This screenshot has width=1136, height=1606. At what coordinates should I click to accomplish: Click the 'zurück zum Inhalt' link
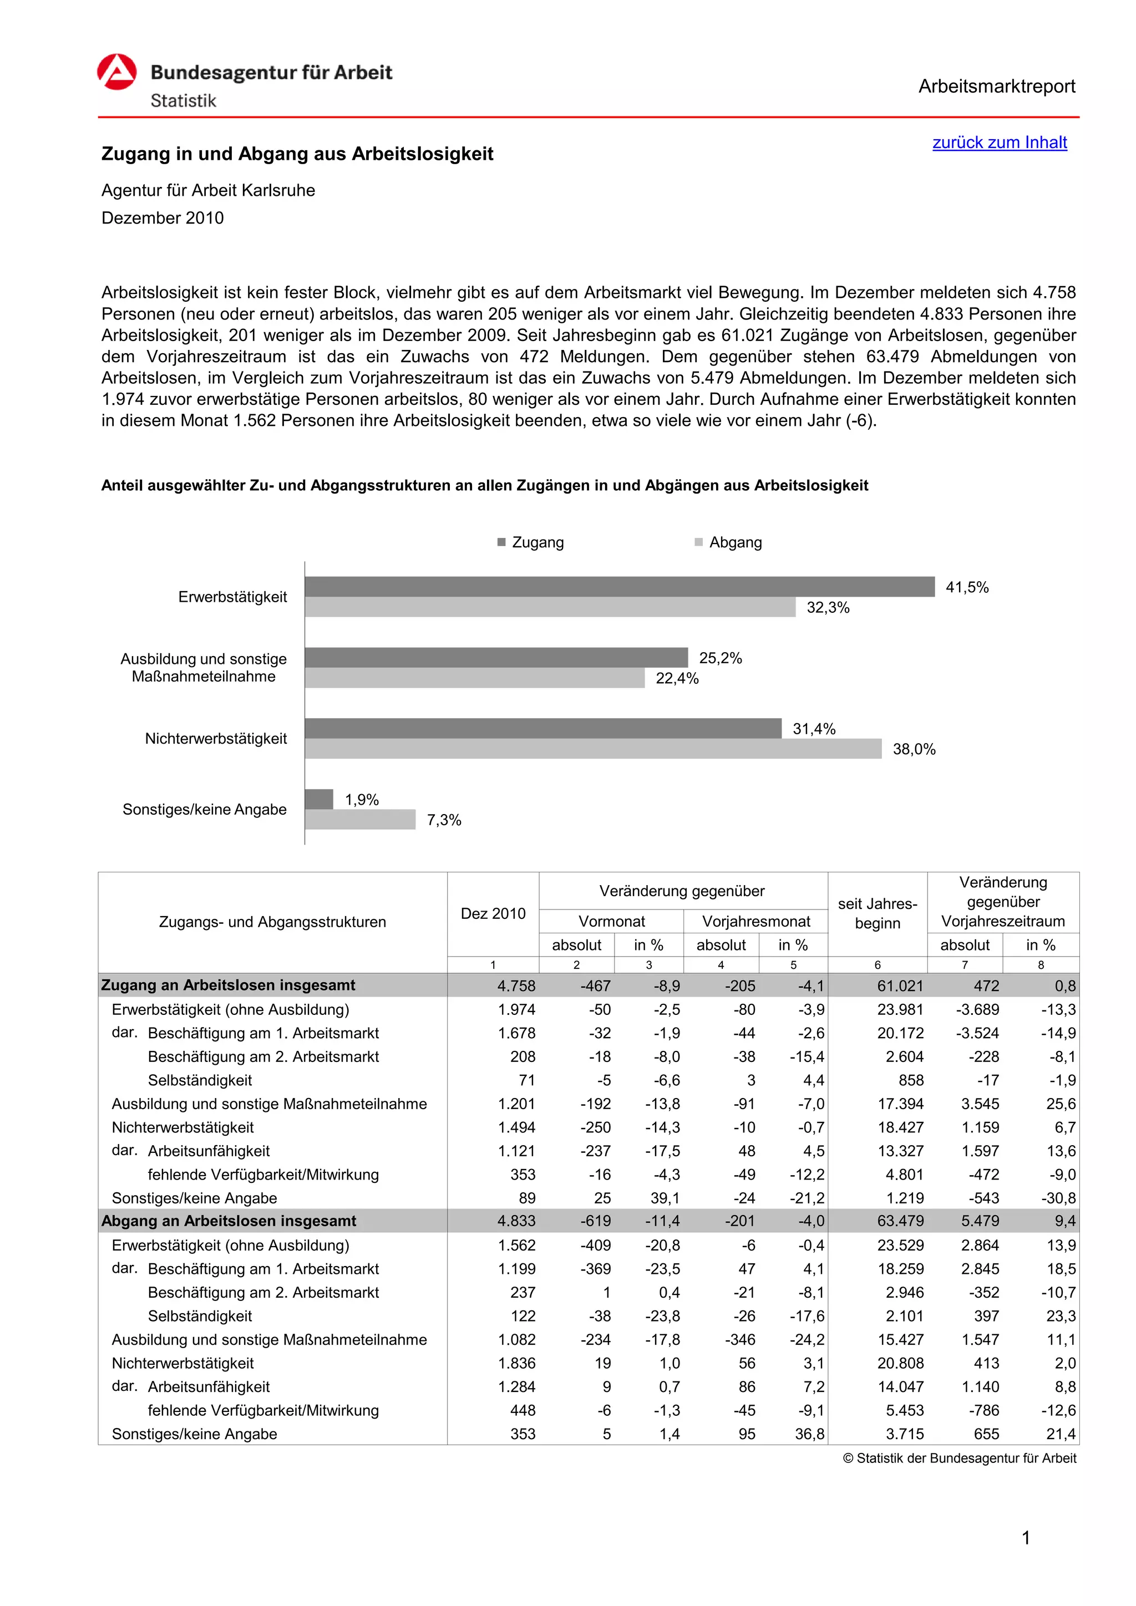click(x=999, y=143)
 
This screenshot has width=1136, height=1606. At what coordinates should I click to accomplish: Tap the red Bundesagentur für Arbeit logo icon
click(x=117, y=72)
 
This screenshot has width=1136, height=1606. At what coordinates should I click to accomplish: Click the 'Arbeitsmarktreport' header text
click(x=996, y=87)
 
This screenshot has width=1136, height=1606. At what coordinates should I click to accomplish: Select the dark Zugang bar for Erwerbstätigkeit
click(x=619, y=586)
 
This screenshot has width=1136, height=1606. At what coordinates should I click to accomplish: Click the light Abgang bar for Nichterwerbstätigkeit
click(x=592, y=749)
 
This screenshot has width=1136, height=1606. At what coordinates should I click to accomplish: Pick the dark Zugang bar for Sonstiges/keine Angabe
click(x=319, y=799)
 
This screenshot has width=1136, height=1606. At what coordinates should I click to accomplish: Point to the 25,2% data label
click(x=720, y=658)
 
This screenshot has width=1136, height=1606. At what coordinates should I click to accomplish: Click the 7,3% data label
click(x=444, y=820)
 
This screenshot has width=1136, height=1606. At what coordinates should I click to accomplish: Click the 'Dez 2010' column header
click(x=493, y=913)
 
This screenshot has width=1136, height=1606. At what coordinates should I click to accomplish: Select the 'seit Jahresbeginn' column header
click(x=877, y=913)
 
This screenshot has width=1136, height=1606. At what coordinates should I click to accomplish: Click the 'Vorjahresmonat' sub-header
click(x=755, y=921)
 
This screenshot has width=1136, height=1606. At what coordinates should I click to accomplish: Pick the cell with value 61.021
click(x=900, y=985)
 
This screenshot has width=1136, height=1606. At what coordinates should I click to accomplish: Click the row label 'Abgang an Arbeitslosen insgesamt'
click(x=229, y=1221)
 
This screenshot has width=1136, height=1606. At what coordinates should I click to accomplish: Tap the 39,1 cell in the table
click(x=665, y=1198)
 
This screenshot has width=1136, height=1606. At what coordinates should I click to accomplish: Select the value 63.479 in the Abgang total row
click(x=900, y=1221)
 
